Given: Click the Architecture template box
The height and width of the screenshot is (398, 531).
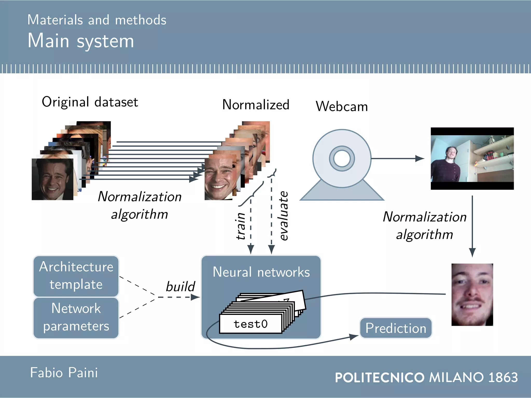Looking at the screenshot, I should pyautogui.click(x=76, y=276).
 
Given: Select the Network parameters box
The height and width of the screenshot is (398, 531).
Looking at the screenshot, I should pyautogui.click(x=76, y=318).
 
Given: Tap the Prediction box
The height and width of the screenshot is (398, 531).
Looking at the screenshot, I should pyautogui.click(x=396, y=328).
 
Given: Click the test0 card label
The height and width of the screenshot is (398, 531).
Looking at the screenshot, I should pyautogui.click(x=250, y=324).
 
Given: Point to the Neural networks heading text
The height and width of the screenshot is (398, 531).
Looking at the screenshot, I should pyautogui.click(x=261, y=272).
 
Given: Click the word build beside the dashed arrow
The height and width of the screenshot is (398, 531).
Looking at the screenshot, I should pyautogui.click(x=180, y=287).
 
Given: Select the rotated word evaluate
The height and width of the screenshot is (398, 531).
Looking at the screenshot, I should pyautogui.click(x=284, y=216).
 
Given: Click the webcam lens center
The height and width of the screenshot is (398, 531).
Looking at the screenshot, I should pyautogui.click(x=342, y=158).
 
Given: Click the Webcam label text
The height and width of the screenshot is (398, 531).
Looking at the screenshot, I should pyautogui.click(x=342, y=106).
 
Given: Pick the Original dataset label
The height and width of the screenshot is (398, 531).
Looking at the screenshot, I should pyautogui.click(x=90, y=102).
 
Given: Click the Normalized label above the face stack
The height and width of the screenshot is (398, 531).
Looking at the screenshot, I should pyautogui.click(x=256, y=105).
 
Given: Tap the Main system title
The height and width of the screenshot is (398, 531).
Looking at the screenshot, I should pyautogui.click(x=81, y=41).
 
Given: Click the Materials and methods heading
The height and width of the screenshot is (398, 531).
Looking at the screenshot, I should pyautogui.click(x=97, y=20).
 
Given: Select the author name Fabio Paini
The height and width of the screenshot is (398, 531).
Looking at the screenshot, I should pyautogui.click(x=64, y=373).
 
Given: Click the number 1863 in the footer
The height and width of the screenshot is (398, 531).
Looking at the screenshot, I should pyautogui.click(x=503, y=377).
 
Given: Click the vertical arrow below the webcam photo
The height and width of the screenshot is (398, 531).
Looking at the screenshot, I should pyautogui.click(x=472, y=225).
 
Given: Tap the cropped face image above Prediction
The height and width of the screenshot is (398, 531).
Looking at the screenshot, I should pyautogui.click(x=472, y=294).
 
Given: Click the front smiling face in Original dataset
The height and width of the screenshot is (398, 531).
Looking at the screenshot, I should pyautogui.click(x=53, y=179).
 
